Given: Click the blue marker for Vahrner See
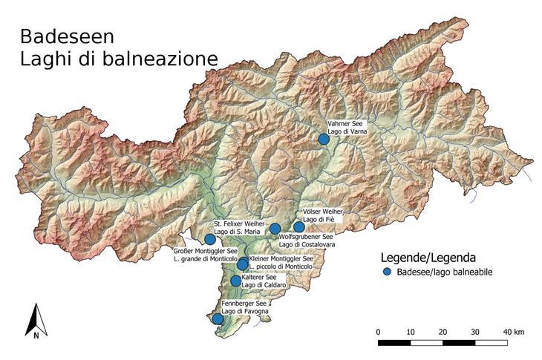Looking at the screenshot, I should click(323, 139).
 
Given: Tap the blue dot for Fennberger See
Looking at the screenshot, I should click(217, 319).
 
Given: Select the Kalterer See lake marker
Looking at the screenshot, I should click(236, 281).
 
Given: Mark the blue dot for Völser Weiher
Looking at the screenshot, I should click(299, 227).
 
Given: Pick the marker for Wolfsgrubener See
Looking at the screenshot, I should click(275, 229).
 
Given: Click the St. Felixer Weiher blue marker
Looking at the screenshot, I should click(210, 239).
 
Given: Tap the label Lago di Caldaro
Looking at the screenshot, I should click(263, 285).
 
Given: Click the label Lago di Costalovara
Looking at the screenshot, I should click(306, 244).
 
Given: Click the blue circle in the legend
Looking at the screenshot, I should click(386, 272).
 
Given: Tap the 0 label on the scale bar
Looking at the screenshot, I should click(379, 331).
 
